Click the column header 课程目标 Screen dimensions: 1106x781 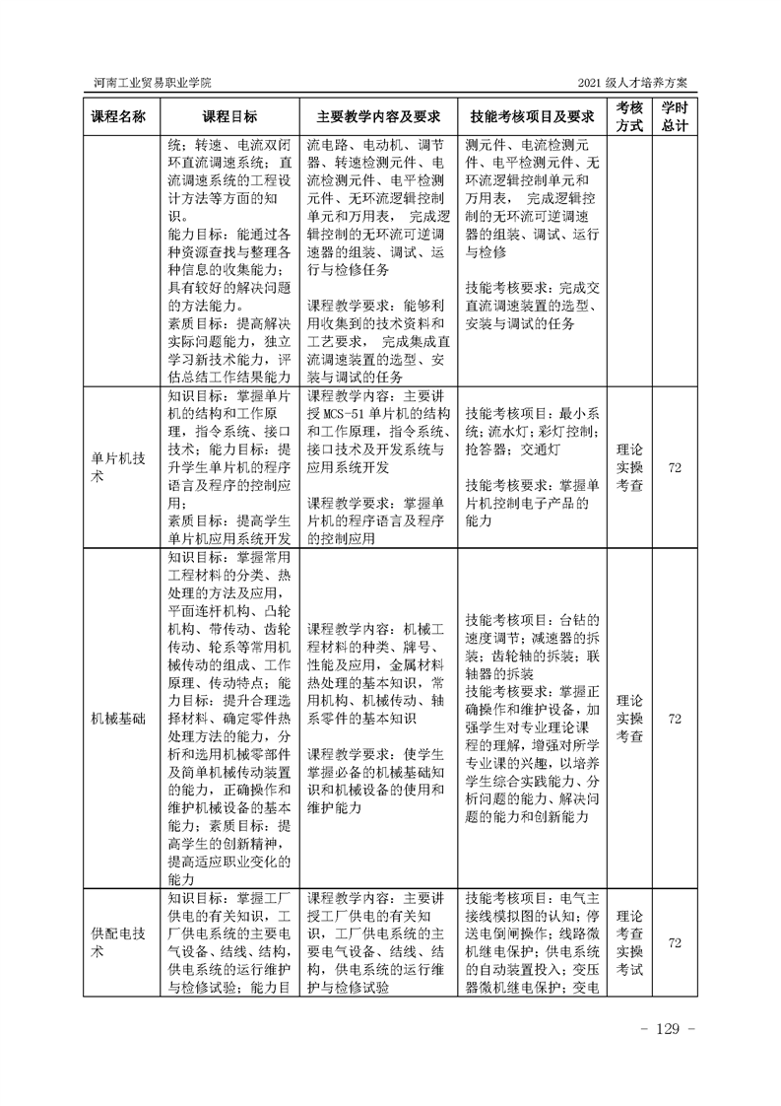(x=229, y=116)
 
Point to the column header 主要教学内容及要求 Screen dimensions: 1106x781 (x=377, y=116)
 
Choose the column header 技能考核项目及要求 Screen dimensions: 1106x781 (x=532, y=116)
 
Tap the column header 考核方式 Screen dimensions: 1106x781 (x=628, y=116)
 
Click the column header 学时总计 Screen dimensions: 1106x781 (x=675, y=116)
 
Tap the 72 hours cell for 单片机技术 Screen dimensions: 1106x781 (x=675, y=466)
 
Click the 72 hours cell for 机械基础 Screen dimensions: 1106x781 (x=675, y=719)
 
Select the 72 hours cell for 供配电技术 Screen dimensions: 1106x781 (x=675, y=943)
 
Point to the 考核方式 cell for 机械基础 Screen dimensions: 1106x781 (x=628, y=719)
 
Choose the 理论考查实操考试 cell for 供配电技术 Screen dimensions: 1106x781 (x=628, y=943)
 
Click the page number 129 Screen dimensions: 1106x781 (x=669, y=1029)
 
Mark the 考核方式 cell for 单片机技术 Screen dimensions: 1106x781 (x=628, y=466)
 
